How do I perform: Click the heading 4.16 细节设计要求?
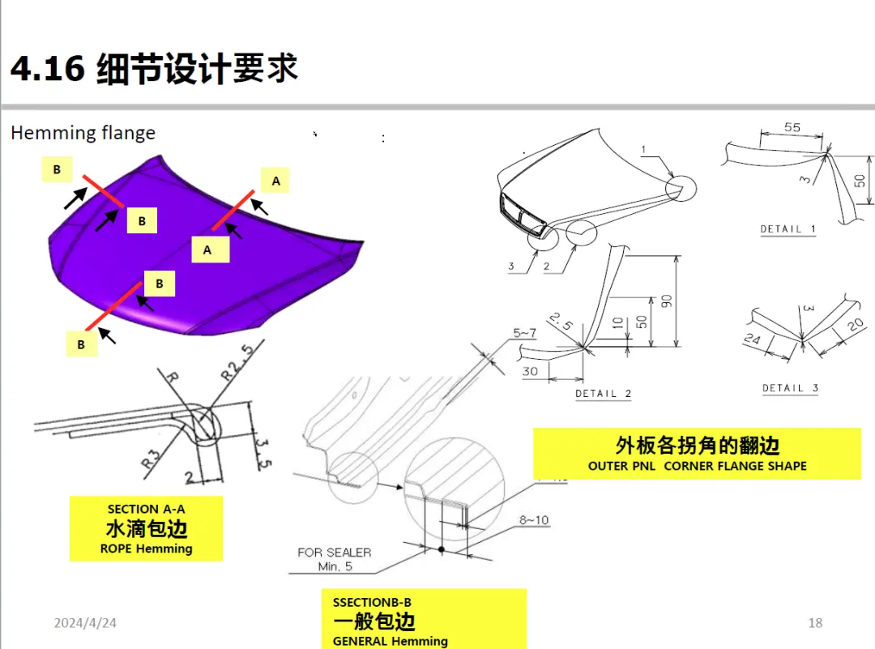tap(154, 68)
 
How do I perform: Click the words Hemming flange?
tap(83, 133)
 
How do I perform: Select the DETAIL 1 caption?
tap(787, 229)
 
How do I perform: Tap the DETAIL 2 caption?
tap(603, 394)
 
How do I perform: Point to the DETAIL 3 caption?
tap(790, 388)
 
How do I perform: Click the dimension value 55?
tap(792, 127)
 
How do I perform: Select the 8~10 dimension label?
tap(532, 519)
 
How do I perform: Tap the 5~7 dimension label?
tap(524, 332)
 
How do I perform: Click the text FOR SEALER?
tap(334, 552)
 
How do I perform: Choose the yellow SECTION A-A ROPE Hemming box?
tap(146, 529)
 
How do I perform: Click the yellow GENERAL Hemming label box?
tap(423, 621)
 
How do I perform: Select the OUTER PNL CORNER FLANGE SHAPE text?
tap(697, 466)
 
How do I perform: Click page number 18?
tap(815, 623)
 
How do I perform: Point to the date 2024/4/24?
tap(85, 623)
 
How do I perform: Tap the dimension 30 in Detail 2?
tap(531, 372)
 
